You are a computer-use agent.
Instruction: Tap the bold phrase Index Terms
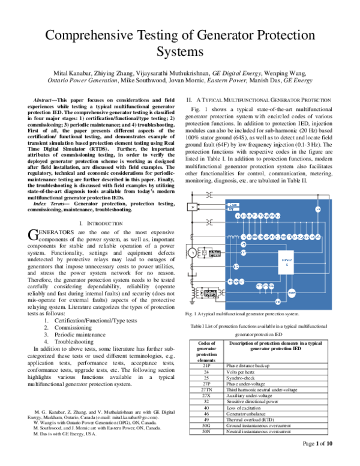click(50, 205)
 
